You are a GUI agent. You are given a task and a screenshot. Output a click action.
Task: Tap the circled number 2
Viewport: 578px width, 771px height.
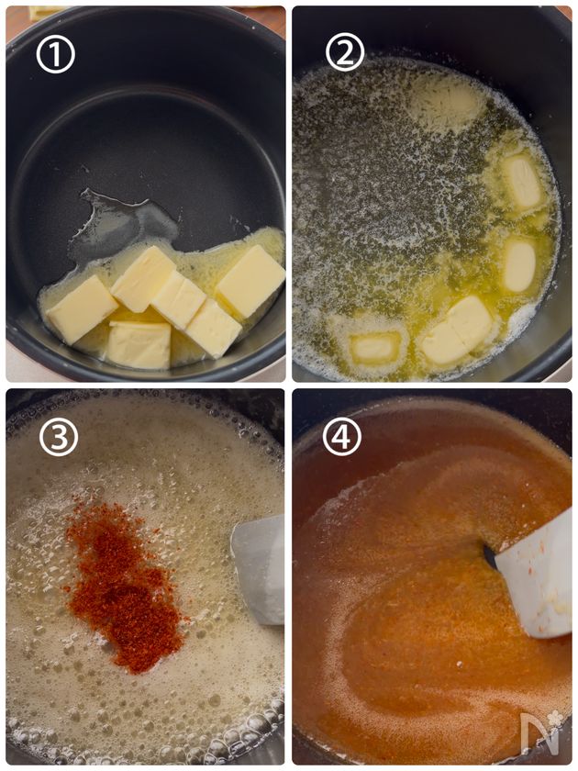345,52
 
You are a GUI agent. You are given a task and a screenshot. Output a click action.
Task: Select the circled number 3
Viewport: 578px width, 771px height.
59,437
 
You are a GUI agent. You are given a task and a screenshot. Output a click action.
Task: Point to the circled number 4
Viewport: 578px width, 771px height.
342,436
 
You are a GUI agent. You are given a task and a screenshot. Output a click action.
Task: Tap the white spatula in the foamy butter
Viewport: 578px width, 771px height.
259,569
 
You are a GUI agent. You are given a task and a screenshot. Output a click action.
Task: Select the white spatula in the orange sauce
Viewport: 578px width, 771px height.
536,580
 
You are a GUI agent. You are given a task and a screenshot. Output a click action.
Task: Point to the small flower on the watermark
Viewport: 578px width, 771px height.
555,718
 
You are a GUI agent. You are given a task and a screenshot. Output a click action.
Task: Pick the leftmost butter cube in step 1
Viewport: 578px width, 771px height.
82,309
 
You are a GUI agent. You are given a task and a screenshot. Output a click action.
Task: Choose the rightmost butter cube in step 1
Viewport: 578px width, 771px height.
250,281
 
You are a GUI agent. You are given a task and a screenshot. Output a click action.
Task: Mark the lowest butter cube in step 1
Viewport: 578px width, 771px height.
139,345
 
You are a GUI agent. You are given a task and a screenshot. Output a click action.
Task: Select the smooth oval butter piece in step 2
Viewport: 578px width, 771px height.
519,265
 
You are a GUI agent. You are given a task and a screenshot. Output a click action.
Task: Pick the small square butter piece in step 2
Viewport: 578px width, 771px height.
374,348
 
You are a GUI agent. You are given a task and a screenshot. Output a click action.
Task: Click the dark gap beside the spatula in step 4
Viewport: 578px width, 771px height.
490,554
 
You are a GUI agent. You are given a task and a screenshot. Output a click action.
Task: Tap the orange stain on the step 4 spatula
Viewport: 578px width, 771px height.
533,566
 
